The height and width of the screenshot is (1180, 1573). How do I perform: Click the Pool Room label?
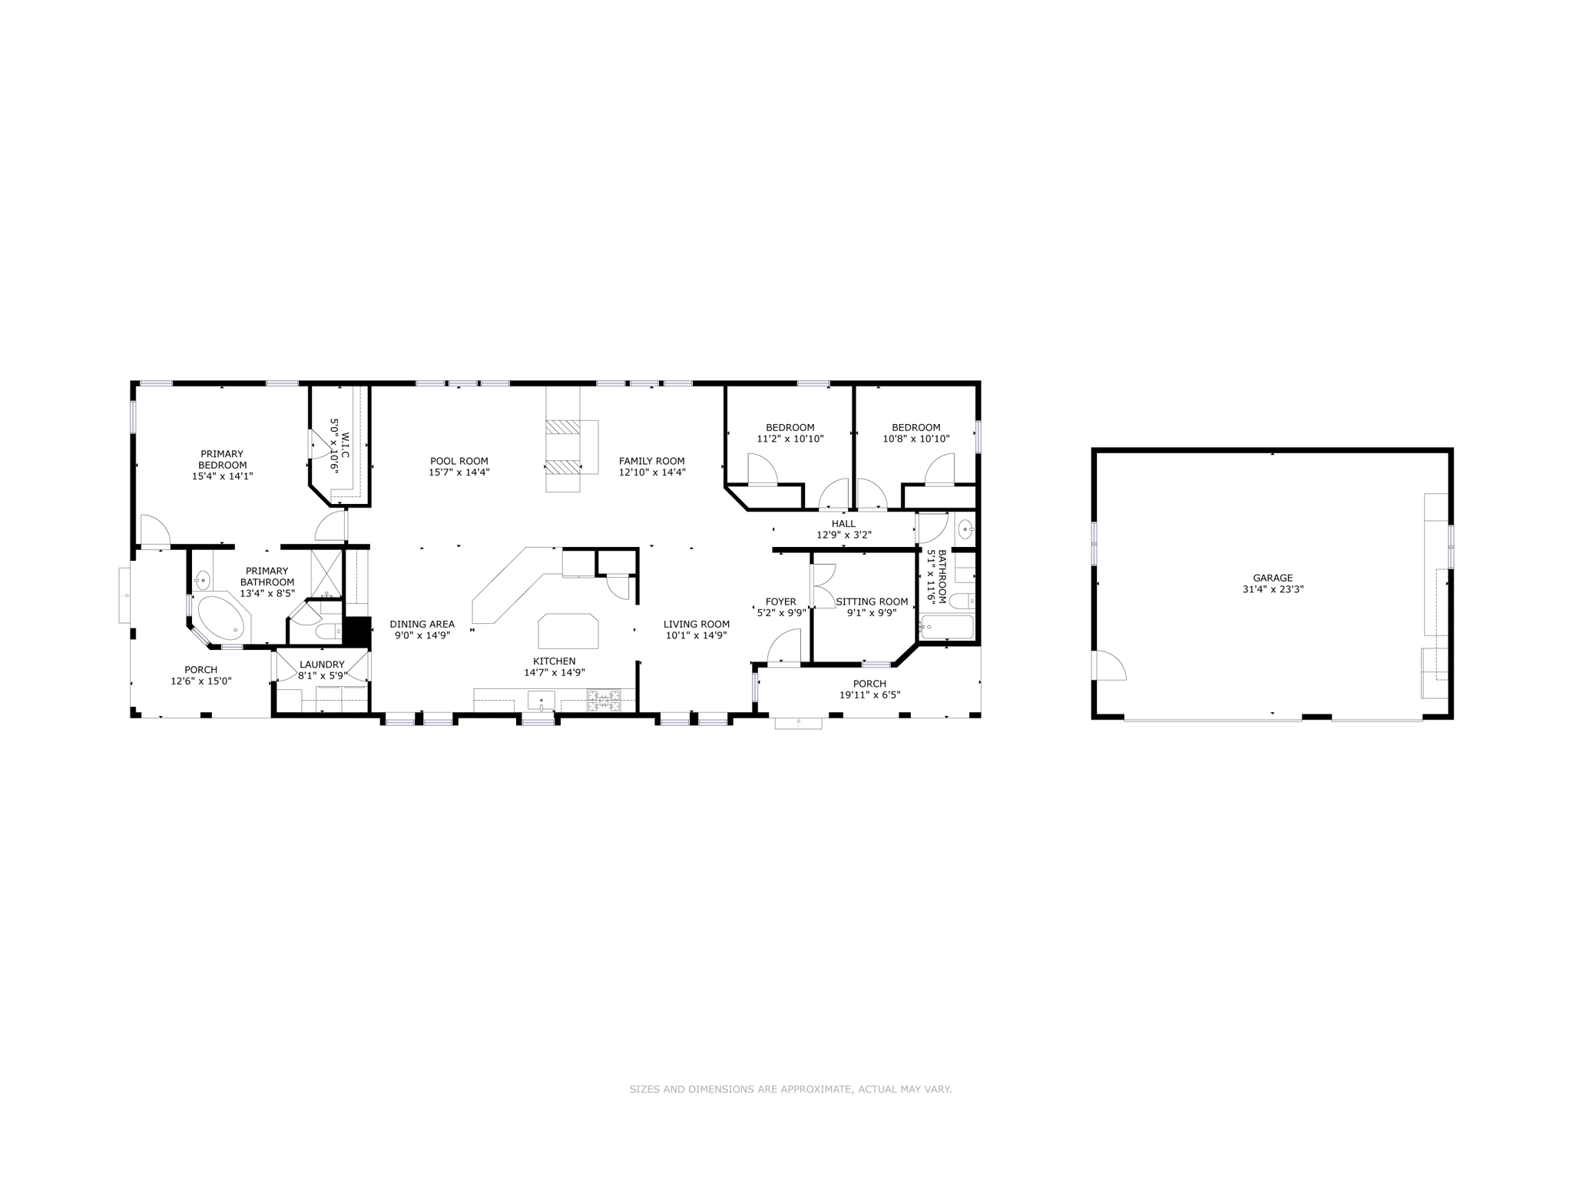[x=459, y=461]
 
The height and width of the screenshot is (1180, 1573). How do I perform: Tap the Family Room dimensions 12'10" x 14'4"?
[x=652, y=472]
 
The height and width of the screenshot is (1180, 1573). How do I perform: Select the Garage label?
[x=1273, y=578]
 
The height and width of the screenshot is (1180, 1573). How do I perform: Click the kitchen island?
[x=568, y=631]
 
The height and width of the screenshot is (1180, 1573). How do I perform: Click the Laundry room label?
[x=322, y=665]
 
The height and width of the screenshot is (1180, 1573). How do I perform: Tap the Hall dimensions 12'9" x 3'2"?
[x=843, y=535]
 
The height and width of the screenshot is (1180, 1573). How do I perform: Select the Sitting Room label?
[x=872, y=602]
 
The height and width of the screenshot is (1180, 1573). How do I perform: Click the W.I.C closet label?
[x=345, y=446]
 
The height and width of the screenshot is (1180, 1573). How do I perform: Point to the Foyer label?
[x=781, y=602]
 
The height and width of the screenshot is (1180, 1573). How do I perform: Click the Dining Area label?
[x=422, y=624]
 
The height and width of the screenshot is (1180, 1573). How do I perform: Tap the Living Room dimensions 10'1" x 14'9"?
[x=696, y=635]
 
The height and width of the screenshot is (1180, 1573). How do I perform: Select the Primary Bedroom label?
[x=222, y=459]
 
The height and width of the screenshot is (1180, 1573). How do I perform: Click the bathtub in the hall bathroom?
[x=947, y=627]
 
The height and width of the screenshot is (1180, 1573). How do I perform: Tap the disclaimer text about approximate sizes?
[x=790, y=1089]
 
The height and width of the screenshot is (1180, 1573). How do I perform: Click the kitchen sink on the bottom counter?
[x=541, y=700]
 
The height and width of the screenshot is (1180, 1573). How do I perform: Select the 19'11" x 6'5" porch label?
[x=869, y=694]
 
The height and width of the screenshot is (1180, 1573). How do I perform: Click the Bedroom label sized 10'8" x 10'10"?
[x=916, y=427]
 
